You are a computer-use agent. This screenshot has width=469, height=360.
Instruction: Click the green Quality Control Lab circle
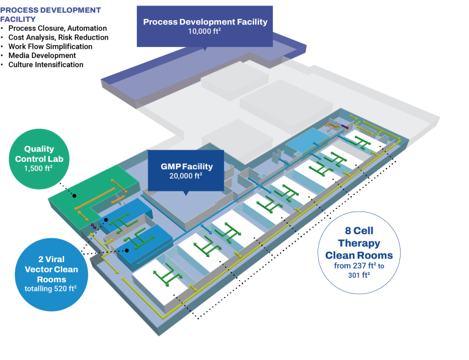pyautogui.click(x=39, y=158)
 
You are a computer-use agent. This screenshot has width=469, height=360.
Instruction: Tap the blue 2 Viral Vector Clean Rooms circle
pyautogui.click(x=51, y=274)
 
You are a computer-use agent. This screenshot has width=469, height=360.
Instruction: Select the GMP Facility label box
pyautogui.click(x=186, y=169)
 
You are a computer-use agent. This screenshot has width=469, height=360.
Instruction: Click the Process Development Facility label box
pyautogui.click(x=205, y=26)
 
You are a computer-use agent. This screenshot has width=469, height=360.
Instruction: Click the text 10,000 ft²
pyautogui.click(x=205, y=32)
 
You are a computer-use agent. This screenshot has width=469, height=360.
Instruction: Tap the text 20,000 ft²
pyautogui.click(x=186, y=175)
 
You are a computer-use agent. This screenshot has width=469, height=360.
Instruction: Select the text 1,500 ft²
pyautogui.click(x=39, y=168)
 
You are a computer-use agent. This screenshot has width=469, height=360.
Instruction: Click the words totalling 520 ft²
pyautogui.click(x=51, y=288)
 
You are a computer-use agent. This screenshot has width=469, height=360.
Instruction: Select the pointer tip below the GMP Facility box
pyautogui.click(x=186, y=194)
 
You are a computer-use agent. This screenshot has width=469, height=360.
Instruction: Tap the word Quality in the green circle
pyautogui.click(x=39, y=149)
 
